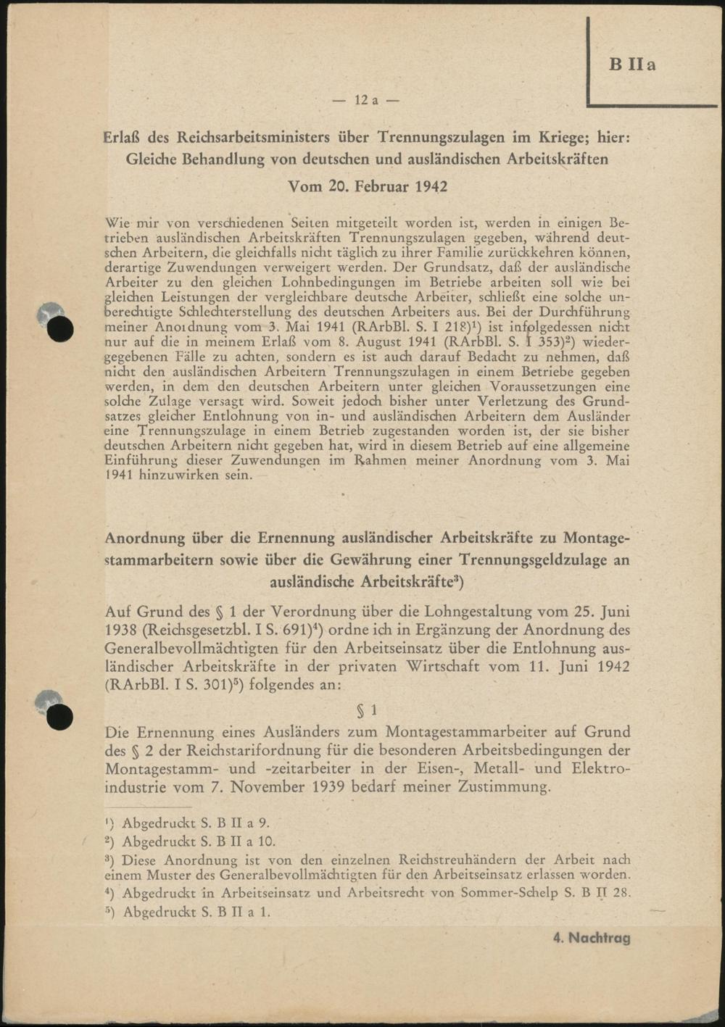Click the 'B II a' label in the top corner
[633, 65]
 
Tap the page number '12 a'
[365, 100]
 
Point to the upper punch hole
[61, 329]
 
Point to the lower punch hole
[61, 717]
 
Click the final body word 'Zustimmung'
[505, 787]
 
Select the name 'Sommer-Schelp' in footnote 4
[513, 894]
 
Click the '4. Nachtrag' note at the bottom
[592, 938]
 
